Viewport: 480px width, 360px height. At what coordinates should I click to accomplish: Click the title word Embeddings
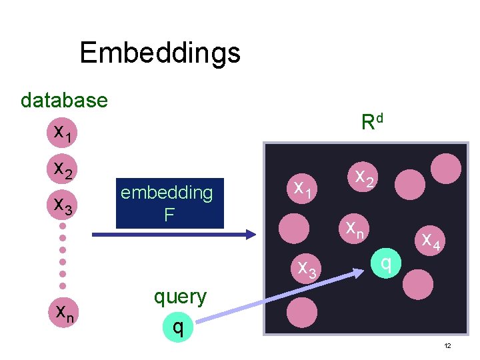pyautogui.click(x=159, y=52)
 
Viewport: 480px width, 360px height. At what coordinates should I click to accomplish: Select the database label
pyautogui.click(x=64, y=100)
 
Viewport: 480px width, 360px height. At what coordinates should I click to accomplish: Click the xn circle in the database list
pyautogui.click(x=64, y=311)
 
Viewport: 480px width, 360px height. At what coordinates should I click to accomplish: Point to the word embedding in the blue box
pyautogui.click(x=167, y=193)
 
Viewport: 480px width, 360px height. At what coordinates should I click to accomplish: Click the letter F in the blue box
pyautogui.click(x=169, y=215)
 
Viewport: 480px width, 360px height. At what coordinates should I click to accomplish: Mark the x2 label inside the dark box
pyautogui.click(x=363, y=177)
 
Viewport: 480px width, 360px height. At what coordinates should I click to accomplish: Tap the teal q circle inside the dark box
pyautogui.click(x=385, y=264)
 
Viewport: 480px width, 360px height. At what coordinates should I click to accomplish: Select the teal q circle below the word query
pyautogui.click(x=177, y=327)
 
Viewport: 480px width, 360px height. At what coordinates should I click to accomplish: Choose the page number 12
pyautogui.click(x=447, y=345)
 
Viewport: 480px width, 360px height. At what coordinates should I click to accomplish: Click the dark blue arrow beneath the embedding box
pyautogui.click(x=173, y=234)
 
